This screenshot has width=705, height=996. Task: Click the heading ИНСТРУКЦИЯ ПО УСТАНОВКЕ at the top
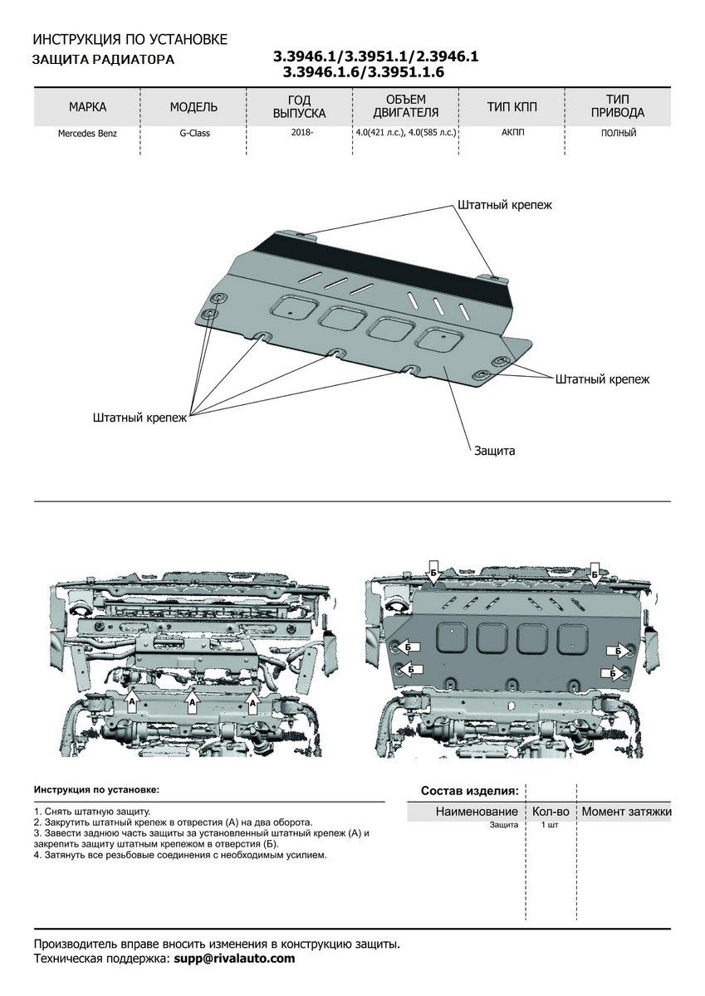[x=130, y=40]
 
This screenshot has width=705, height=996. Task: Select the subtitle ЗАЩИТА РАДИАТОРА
[x=103, y=60]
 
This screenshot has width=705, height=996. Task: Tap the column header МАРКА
[x=87, y=107]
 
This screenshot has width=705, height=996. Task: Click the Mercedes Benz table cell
[x=87, y=134]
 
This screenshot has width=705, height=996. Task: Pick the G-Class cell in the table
[x=193, y=134]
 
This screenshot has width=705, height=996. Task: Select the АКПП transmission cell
[x=513, y=133]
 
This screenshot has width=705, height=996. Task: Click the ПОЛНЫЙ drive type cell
[x=619, y=133]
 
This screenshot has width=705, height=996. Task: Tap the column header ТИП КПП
[x=512, y=107]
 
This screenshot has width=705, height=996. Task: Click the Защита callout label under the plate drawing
[x=495, y=451]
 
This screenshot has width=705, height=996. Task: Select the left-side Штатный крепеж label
[x=140, y=418]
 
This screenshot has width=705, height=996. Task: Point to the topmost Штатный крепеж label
[x=504, y=204]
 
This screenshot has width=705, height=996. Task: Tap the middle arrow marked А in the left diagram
[x=192, y=701]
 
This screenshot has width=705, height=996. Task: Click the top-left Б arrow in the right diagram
[x=433, y=573]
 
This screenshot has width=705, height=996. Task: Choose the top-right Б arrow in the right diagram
[x=595, y=573]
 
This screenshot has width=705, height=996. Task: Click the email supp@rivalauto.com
[x=233, y=958]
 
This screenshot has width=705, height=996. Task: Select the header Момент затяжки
[x=626, y=811]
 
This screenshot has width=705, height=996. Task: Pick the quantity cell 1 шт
[x=550, y=825]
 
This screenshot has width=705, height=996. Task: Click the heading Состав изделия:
[x=469, y=790]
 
